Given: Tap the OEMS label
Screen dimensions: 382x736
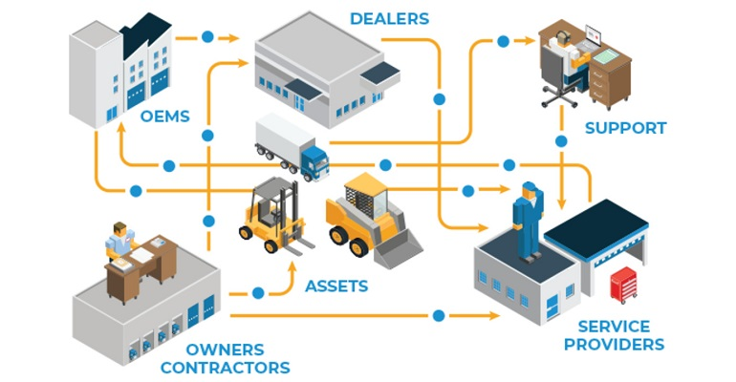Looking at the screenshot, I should (164, 117).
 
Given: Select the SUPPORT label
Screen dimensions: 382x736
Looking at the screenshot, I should (625, 128).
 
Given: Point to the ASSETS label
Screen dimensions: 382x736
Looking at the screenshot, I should (336, 285).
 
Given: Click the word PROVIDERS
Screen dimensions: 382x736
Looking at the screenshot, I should (614, 345).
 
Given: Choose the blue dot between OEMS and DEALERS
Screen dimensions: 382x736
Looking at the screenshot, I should (207, 38).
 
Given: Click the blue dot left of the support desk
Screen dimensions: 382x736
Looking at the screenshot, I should (504, 41).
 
